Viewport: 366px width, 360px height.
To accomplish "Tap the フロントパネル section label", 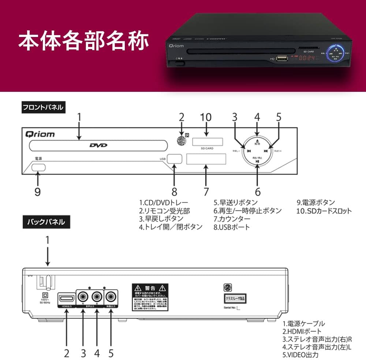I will tap(43, 108).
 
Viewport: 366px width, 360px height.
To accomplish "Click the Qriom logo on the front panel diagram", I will tap(40, 134).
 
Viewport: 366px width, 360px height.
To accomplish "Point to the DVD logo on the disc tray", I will tap(98, 145).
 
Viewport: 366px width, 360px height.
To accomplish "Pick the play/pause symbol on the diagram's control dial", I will tap(257, 162).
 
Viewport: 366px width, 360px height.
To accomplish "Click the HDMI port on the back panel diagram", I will tap(66, 296).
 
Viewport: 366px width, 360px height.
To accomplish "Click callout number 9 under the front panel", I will tap(37, 192).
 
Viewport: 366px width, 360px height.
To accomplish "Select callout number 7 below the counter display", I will tap(206, 192).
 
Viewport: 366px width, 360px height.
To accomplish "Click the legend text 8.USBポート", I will tap(232, 227).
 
